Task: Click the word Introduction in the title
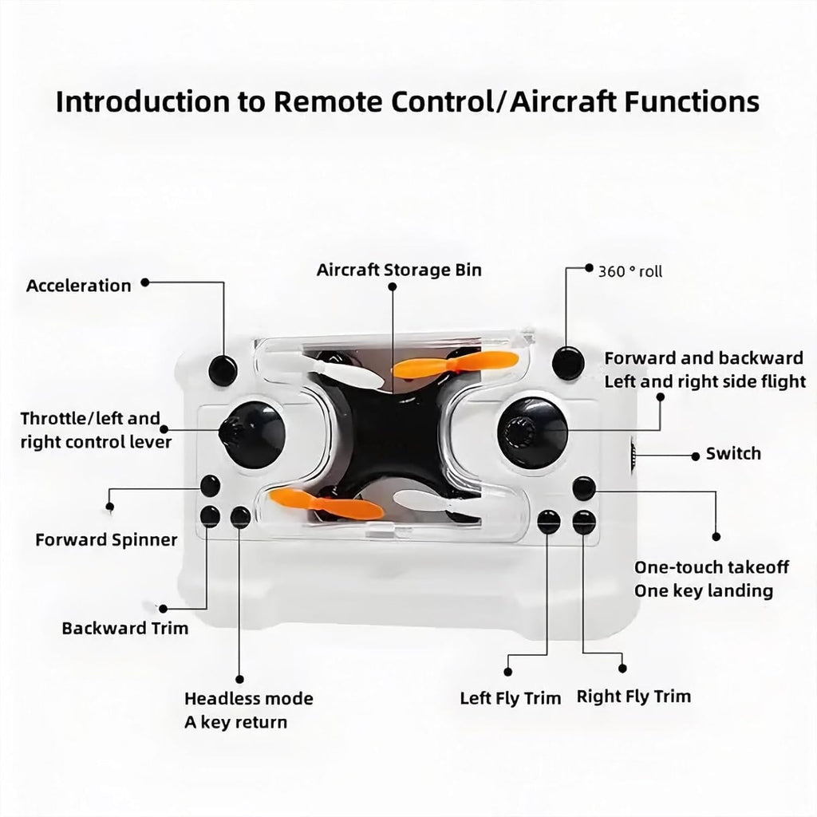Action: (142, 101)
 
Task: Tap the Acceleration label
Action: (79, 286)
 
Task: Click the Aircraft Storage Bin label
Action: (399, 270)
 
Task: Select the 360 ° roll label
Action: (630, 271)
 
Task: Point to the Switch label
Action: (733, 453)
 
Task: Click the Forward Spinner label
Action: (106, 540)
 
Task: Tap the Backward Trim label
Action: (125, 628)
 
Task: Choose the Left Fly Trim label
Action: (510, 698)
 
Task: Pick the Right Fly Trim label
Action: (633, 697)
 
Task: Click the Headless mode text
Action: (249, 698)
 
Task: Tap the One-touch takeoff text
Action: (711, 567)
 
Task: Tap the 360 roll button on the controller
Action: (568, 363)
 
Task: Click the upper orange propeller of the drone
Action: (455, 363)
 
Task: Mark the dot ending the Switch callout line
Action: (695, 456)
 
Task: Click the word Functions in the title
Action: (692, 101)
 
